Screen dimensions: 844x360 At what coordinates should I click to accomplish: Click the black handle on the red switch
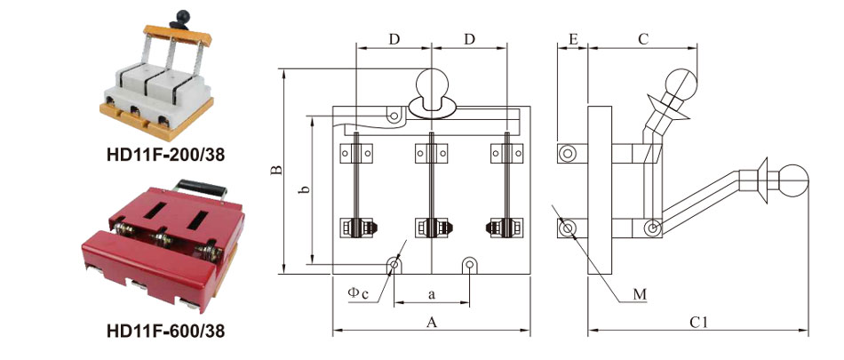tap(202, 189)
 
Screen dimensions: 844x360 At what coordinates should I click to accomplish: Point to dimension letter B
tap(276, 171)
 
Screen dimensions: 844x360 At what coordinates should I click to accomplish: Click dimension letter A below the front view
tap(431, 323)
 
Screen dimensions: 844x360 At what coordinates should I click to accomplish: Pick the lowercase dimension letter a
tap(432, 294)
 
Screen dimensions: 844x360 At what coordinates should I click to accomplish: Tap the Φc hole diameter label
tap(358, 292)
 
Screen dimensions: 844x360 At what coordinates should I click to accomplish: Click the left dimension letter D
tap(394, 39)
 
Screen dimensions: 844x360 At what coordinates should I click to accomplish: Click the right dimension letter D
tap(470, 39)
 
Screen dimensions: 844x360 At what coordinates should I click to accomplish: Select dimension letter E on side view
tap(573, 39)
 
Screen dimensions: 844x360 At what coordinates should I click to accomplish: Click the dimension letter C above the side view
tap(642, 39)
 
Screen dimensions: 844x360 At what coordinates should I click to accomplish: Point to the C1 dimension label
tap(698, 323)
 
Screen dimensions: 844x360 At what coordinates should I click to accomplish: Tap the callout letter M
tap(640, 294)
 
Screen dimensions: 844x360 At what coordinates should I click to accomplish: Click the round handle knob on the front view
tap(432, 84)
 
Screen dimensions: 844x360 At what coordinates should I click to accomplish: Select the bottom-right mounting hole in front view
tap(470, 264)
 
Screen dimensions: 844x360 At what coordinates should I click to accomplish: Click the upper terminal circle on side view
tap(566, 154)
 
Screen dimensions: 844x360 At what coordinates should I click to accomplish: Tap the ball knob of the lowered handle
tap(792, 180)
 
